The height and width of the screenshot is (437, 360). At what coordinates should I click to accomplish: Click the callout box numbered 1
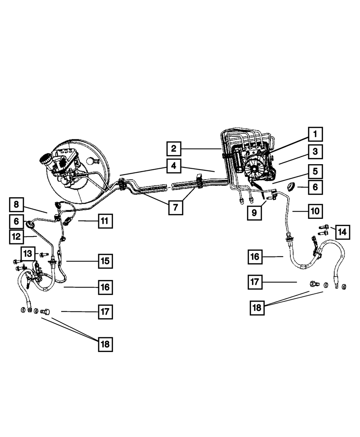[x=315, y=134]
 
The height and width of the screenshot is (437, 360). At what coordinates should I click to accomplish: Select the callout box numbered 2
[x=174, y=148]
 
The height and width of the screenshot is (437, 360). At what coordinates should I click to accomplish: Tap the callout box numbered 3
[x=315, y=152]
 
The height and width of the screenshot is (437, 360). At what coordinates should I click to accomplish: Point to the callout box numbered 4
[x=174, y=166]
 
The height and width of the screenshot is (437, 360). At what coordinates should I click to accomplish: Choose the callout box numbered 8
[x=16, y=205]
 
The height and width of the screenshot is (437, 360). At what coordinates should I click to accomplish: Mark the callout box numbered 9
[x=254, y=212]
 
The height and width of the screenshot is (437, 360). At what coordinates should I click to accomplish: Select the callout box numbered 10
[x=315, y=211]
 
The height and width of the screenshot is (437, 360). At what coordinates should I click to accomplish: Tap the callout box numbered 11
[x=105, y=220]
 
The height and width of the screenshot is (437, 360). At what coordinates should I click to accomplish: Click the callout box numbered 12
[x=16, y=236]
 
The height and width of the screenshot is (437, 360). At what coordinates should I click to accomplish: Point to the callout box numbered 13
[x=28, y=253]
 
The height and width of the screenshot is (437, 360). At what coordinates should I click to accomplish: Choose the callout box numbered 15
[x=105, y=261]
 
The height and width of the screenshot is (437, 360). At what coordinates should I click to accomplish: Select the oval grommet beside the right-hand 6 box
[x=291, y=186]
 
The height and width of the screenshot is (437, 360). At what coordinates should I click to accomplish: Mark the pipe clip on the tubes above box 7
[x=198, y=182]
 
